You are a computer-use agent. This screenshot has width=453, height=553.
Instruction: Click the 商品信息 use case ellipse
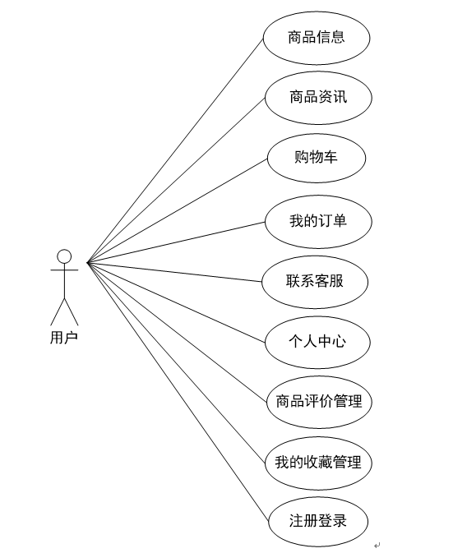317,38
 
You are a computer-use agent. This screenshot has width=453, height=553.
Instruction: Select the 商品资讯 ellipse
318,98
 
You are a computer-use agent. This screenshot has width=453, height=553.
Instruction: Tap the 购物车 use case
317,158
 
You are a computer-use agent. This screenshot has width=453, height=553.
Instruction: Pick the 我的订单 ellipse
318,222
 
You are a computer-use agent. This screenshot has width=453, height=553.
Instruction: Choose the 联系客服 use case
315,282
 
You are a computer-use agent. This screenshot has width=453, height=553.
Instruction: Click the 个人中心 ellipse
317,342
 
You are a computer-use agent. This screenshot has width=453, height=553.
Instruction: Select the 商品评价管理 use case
319,402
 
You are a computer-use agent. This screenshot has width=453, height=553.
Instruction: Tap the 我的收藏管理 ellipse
318,463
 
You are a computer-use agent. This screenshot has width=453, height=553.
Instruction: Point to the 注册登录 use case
318,521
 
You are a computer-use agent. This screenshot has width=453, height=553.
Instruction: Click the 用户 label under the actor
64,338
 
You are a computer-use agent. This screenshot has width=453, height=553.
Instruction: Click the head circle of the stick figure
64,256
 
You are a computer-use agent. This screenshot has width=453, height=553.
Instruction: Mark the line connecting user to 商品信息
175,150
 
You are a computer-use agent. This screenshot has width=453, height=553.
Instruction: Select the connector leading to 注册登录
178,392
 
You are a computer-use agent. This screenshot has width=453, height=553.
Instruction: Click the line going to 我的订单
176,242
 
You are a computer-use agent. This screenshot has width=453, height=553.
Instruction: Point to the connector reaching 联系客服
174,272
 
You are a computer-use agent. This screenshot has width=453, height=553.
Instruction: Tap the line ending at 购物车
178,210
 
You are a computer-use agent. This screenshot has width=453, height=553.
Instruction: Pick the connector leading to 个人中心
176,302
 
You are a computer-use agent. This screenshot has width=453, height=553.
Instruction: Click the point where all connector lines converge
87,262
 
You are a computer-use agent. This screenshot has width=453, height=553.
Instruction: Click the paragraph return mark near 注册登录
377,546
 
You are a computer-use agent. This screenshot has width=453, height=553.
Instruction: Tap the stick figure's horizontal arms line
64,270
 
